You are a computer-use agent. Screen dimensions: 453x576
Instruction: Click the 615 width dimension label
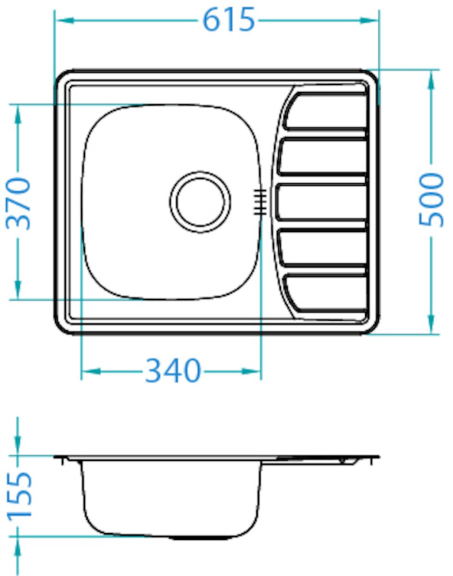pos(228,20)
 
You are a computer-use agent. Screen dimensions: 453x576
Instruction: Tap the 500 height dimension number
pos(431,200)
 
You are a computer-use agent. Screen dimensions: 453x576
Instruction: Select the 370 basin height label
pos(19,204)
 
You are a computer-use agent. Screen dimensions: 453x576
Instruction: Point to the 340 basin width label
pos(173,370)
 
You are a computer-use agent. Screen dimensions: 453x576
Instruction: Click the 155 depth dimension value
pos(20,496)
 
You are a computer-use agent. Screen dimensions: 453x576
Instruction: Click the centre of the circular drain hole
pos(201,202)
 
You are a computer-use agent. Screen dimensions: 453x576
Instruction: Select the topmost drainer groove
pos(325,111)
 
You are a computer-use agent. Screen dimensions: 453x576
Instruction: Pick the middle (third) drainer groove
pos(321,202)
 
